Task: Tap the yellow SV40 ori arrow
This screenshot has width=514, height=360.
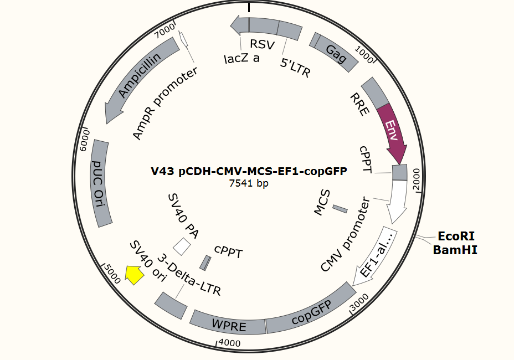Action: click(x=133, y=275)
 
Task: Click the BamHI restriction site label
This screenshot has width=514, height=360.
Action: click(x=455, y=250)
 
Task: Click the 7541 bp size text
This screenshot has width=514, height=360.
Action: click(x=249, y=183)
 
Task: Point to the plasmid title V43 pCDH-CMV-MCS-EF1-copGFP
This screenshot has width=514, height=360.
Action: click(x=249, y=171)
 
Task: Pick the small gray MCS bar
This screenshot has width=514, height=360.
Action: click(x=340, y=209)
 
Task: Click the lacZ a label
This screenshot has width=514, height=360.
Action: click(x=241, y=58)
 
